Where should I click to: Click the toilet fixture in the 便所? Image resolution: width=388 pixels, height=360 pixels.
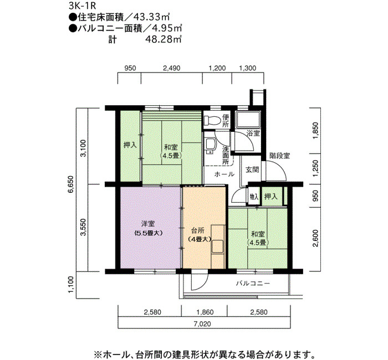coord(212,120)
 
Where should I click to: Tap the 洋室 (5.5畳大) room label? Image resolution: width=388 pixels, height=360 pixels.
coord(148,228)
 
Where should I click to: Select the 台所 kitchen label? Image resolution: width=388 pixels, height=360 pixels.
coord(198,230)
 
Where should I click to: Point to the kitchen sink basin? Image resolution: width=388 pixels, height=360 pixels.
coord(217,246)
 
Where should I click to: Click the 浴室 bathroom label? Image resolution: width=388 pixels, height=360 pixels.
coord(253,133)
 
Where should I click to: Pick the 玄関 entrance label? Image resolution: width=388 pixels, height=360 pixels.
coord(252,169)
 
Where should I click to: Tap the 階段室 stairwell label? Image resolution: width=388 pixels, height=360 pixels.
coord(280,156)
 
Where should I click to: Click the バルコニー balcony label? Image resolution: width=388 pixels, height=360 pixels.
coord(253,283)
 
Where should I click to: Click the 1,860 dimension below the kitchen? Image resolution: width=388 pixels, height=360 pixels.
coord(205,312)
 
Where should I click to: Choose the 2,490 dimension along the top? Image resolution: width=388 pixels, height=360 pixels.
coord(171,68)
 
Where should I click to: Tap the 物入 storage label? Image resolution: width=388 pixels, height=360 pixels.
coord(254,197)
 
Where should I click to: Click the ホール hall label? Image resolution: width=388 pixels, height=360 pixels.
coord(224,174)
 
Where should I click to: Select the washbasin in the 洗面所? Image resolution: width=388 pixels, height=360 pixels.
coord(211,146)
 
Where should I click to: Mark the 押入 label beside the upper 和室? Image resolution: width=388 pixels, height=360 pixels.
coord(130,145)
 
